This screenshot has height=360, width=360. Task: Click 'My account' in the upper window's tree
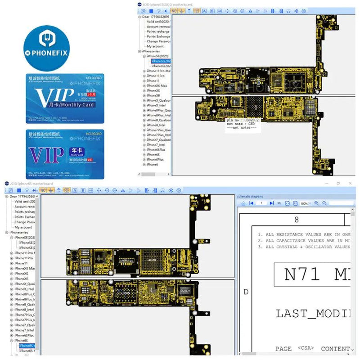point(155,46)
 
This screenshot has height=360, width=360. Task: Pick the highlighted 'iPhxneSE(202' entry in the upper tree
point(161,61)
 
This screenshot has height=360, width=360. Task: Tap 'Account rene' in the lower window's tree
point(25,207)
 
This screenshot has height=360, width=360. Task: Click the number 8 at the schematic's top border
point(296,220)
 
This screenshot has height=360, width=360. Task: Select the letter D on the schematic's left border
point(246,292)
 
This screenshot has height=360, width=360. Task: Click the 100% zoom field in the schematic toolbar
point(304,203)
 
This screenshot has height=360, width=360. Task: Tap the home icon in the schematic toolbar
point(243,203)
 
